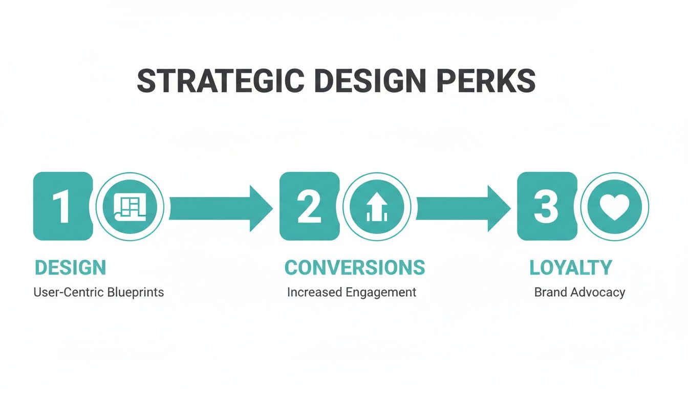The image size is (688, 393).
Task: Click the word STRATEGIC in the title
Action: tap(220, 81)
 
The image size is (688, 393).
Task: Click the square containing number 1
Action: tap(62, 206)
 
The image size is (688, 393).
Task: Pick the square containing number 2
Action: tap(309, 206)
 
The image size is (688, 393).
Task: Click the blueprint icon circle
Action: tap(130, 206)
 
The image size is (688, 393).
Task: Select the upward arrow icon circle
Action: tap(376, 206)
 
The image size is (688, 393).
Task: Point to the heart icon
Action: tap(614, 207)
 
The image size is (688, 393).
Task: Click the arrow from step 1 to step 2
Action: tap(220, 207)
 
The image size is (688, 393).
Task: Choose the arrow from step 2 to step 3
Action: tap(462, 207)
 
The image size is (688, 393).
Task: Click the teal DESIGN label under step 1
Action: tap(70, 268)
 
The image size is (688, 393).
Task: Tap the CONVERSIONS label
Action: tap(354, 268)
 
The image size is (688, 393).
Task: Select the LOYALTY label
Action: tap(570, 268)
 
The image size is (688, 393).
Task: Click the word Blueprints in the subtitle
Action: tap(136, 293)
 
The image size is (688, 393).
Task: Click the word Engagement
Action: tap(381, 293)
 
